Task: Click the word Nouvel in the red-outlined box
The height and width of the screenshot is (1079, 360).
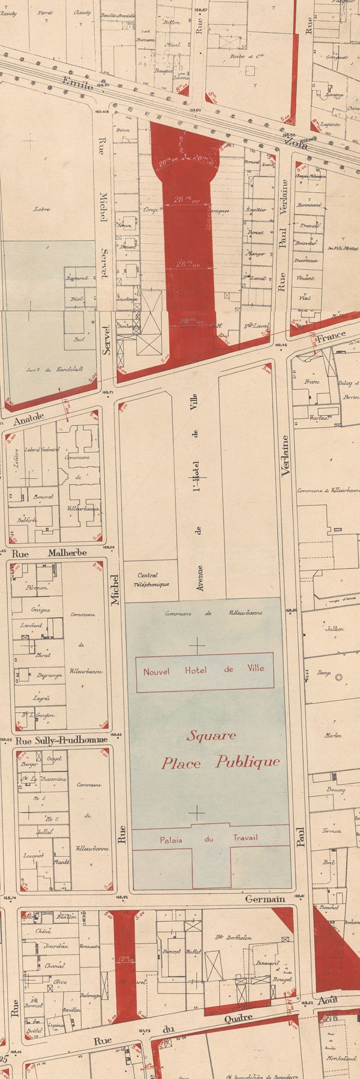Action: [157, 672]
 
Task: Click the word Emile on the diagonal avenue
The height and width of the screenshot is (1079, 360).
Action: [76, 86]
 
